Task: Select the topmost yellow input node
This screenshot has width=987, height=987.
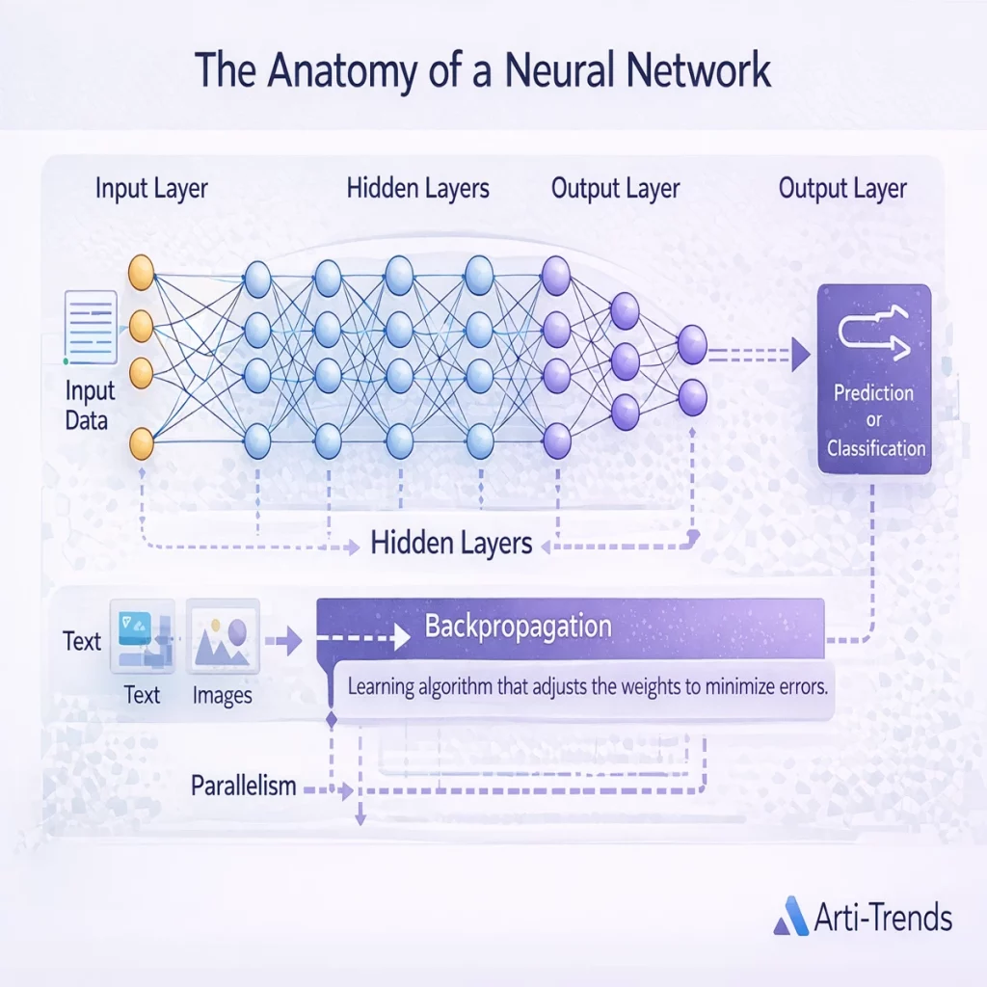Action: tap(142, 269)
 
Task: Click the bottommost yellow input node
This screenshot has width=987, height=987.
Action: tap(142, 444)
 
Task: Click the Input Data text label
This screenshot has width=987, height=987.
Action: tap(90, 405)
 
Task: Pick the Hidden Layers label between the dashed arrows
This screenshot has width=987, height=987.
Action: tap(451, 544)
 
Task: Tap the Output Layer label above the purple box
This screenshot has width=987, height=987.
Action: tap(842, 188)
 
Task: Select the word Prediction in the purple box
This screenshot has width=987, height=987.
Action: tap(874, 393)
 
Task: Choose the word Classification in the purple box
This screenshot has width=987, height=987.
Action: tap(875, 447)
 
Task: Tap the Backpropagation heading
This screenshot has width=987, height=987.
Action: tap(518, 627)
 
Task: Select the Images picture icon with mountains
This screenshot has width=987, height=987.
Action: tap(223, 634)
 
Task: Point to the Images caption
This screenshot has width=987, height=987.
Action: tap(222, 694)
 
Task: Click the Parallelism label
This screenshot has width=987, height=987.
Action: tap(243, 786)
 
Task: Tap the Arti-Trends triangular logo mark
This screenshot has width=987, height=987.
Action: tap(792, 917)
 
